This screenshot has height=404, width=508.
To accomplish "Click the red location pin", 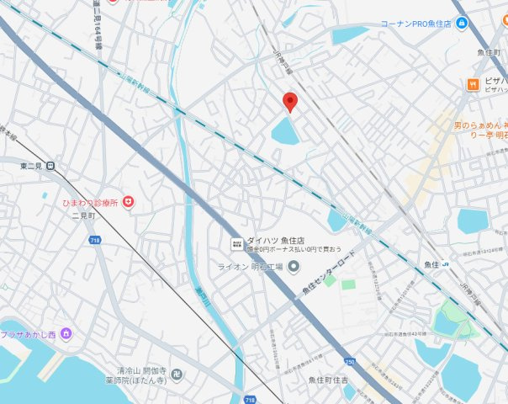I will (290, 102).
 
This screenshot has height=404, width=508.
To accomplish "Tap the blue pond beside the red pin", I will (285, 131).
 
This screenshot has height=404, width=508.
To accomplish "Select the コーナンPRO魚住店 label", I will (417, 24).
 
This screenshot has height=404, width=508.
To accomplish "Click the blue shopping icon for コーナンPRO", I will (462, 24).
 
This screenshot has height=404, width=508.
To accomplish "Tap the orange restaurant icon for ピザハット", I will (474, 84).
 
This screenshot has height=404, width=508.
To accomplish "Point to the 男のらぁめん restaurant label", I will (479, 126).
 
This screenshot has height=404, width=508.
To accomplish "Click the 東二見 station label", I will (31, 166).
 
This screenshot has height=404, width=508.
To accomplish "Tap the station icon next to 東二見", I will (52, 166).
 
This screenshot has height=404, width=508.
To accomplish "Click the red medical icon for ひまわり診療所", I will (129, 202).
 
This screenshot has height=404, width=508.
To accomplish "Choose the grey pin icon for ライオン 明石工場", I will (294, 267).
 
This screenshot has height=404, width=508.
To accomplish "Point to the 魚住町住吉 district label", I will (335, 380).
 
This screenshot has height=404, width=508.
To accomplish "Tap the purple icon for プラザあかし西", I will (66, 334).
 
